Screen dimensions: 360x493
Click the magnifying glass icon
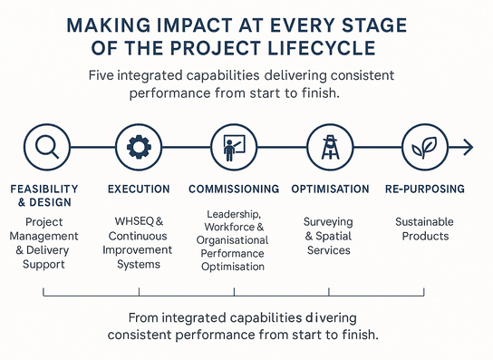(x=44, y=147)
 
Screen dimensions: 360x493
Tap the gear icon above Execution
(x=139, y=147)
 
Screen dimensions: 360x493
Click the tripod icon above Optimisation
(x=330, y=147)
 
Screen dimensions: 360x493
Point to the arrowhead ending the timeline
(x=468, y=147)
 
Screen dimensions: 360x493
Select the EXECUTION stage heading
(x=139, y=190)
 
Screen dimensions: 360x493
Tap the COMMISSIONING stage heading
(x=234, y=190)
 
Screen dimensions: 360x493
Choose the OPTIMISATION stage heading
(x=330, y=190)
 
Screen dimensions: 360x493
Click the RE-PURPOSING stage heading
(x=425, y=190)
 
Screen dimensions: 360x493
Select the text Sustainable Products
(x=425, y=229)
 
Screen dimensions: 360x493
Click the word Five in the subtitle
(x=103, y=75)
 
